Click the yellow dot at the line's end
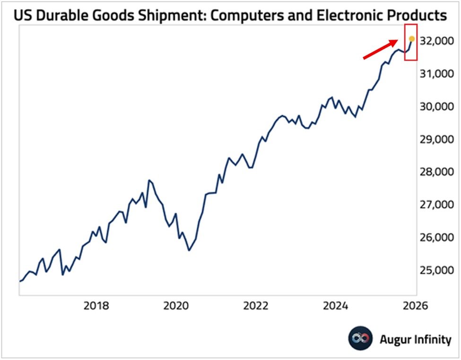(411, 39)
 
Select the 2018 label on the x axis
(96, 305)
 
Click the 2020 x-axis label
(176, 305)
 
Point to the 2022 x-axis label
(256, 305)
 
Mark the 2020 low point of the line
(189, 250)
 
